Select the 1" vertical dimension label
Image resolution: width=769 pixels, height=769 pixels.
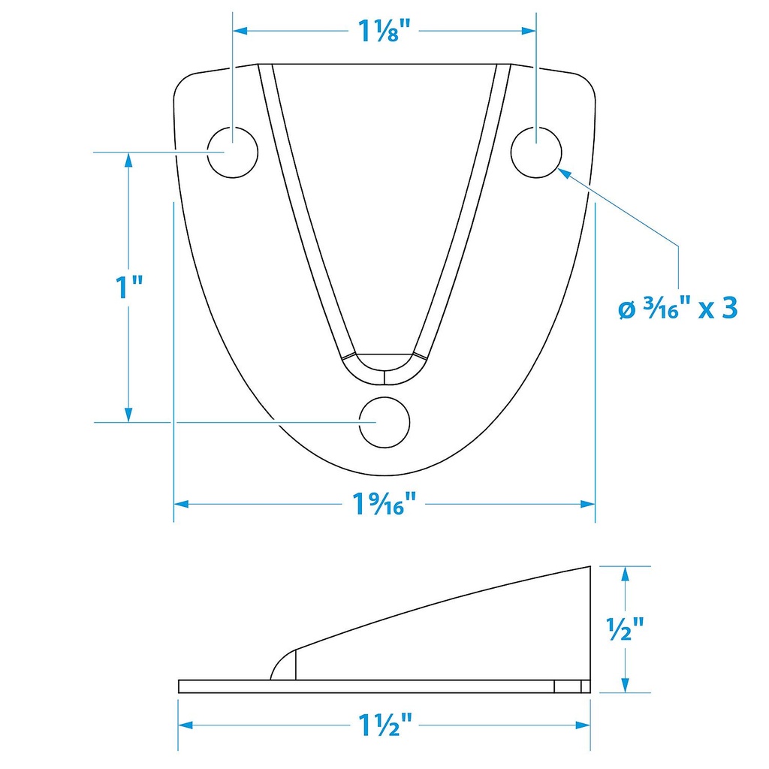pyautogui.click(x=128, y=288)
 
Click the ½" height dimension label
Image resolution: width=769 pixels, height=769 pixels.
pyautogui.click(x=624, y=629)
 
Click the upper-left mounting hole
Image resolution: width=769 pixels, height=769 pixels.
pyautogui.click(x=232, y=152)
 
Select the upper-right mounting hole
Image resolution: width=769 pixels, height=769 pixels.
pyautogui.click(x=536, y=152)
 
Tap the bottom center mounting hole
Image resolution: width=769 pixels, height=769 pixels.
pyautogui.click(x=384, y=422)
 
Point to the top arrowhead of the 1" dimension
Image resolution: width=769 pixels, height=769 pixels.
pyautogui.click(x=128, y=160)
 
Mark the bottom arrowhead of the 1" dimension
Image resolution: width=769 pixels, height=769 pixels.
pyautogui.click(x=128, y=415)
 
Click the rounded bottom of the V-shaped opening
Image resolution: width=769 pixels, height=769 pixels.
pyautogui.click(x=384, y=364)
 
